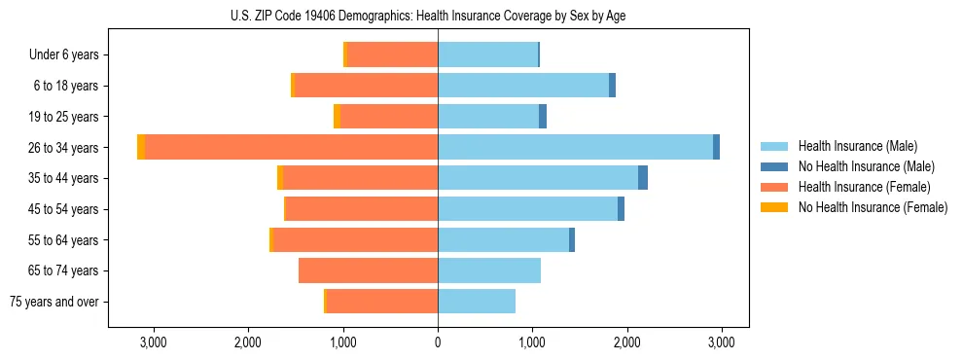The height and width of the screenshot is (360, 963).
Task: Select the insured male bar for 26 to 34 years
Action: click(x=575, y=147)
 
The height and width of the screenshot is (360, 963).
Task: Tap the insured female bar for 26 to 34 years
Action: click(x=291, y=147)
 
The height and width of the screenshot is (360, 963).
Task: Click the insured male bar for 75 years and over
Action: click(x=477, y=302)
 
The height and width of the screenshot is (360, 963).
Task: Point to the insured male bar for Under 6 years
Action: click(x=487, y=54)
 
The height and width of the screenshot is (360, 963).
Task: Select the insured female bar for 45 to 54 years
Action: click(x=361, y=209)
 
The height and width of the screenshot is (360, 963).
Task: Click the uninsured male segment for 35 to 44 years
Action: click(x=643, y=178)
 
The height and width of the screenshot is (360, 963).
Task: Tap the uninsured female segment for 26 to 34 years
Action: click(x=141, y=147)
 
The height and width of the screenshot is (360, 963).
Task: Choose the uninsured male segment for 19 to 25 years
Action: click(x=543, y=117)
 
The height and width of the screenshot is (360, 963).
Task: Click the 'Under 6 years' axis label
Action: click(x=64, y=55)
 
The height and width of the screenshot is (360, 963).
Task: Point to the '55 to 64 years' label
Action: click(x=63, y=240)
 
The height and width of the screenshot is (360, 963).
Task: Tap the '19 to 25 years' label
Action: click(x=63, y=117)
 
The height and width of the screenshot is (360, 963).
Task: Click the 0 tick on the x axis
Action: click(x=438, y=342)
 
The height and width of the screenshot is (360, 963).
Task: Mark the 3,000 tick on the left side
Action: click(x=154, y=342)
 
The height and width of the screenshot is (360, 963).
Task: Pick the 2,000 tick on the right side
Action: click(x=627, y=342)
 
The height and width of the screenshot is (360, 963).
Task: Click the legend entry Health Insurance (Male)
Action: click(x=857, y=146)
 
